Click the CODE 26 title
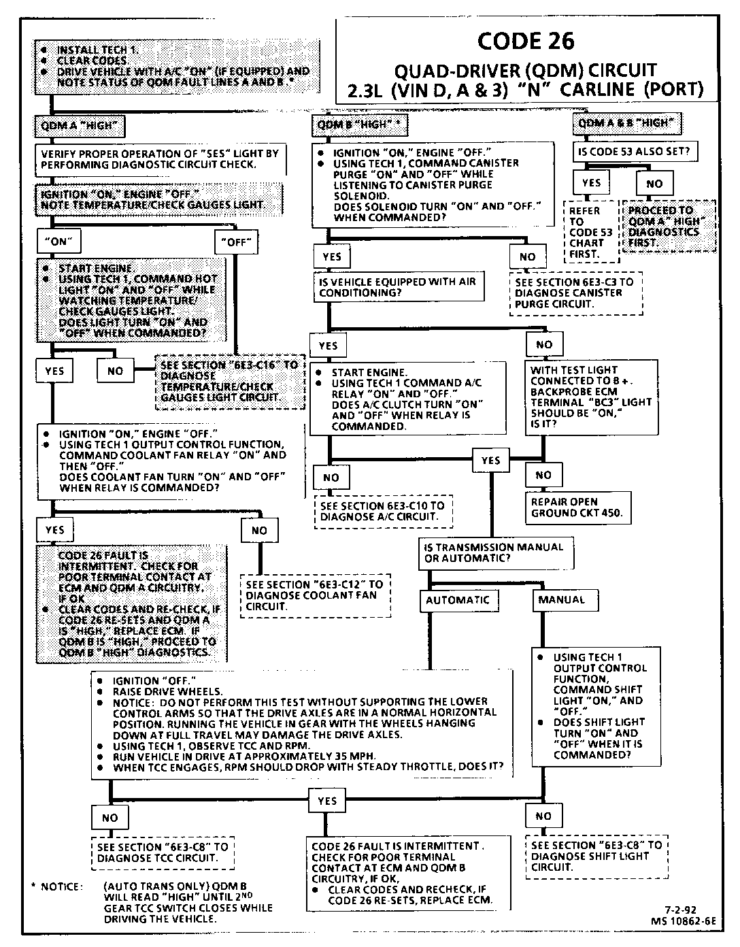(x=525, y=41)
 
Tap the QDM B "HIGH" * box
(x=361, y=126)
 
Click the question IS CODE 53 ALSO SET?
(x=633, y=151)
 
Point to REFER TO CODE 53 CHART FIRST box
(x=591, y=232)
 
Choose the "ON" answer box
(x=60, y=240)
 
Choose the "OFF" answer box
(x=237, y=241)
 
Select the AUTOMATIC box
(x=458, y=600)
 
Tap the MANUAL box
(x=561, y=599)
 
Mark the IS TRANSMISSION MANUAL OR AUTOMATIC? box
(x=493, y=552)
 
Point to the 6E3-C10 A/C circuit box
(x=383, y=512)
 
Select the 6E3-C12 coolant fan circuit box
(x=315, y=595)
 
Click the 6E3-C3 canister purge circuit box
(x=575, y=293)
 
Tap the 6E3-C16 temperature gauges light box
(x=230, y=381)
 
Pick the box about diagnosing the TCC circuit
(x=163, y=852)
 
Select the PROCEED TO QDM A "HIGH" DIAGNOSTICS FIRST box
(x=669, y=227)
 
